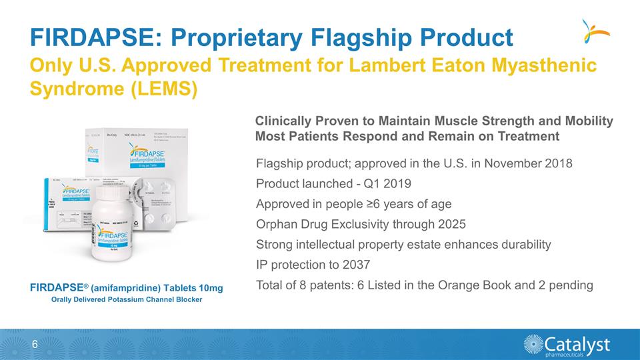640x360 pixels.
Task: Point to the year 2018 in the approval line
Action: [x=559, y=163]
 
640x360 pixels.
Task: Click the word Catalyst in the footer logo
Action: [x=577, y=343]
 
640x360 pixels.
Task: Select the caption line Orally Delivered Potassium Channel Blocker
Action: [x=127, y=299]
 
